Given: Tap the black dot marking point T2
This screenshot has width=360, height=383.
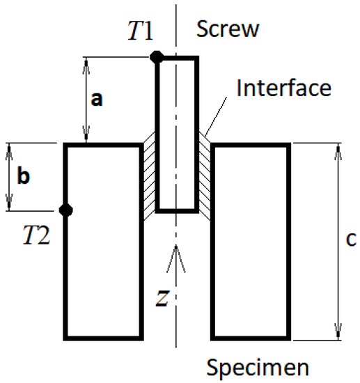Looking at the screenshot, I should pyautogui.click(x=66, y=210).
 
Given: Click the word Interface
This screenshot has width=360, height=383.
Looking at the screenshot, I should pyautogui.click(x=283, y=88).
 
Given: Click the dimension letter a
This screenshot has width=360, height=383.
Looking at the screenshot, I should pyautogui.click(x=97, y=100).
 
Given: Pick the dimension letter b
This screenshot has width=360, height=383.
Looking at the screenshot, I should pyautogui.click(x=23, y=177).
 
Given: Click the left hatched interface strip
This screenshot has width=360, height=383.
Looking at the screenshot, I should pyautogui.click(x=148, y=174).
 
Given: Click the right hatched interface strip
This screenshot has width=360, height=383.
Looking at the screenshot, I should pyautogui.click(x=205, y=174).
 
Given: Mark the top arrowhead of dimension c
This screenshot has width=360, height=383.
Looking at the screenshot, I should pyautogui.click(x=338, y=150).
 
